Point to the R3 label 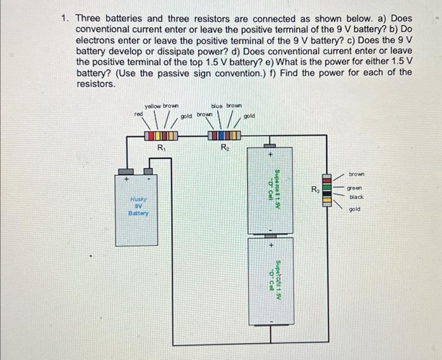point(314,189)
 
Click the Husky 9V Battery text point(138,206)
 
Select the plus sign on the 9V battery point(126,179)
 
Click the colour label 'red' point(138,114)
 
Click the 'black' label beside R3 point(357,197)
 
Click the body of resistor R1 point(161,136)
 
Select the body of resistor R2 point(224,136)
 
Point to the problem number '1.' point(64,19)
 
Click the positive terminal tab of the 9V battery point(126,171)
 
